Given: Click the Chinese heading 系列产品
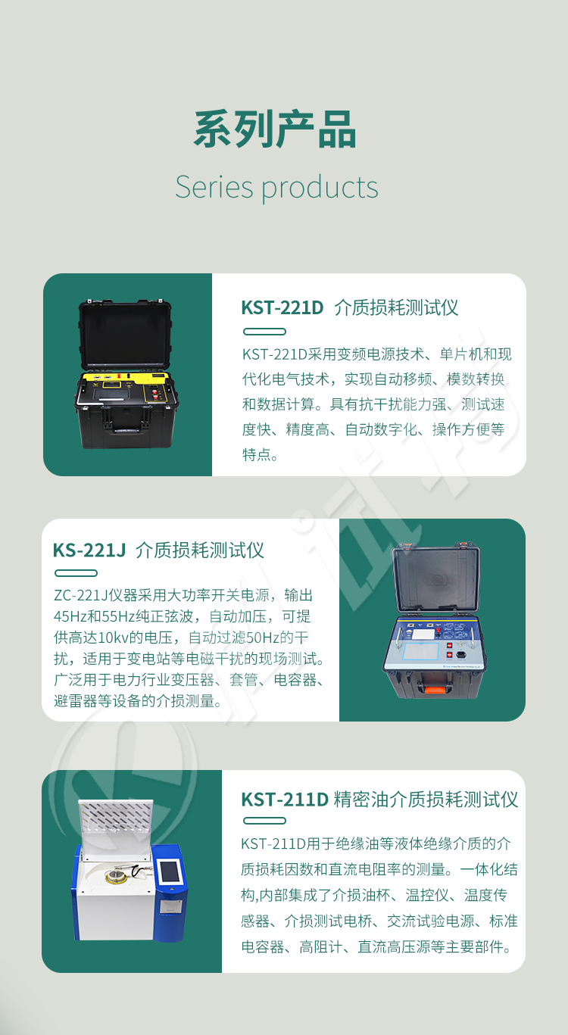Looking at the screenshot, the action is pos(275,129).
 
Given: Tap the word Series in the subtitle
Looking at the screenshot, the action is pos(214,187).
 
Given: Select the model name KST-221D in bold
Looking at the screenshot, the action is pos(282,307).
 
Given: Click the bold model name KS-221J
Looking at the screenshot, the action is pos(89,550).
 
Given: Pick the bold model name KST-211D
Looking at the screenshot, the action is pos(284,800).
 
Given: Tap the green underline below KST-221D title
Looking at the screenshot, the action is pos(264,332).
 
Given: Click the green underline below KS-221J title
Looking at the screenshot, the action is pos(76,573).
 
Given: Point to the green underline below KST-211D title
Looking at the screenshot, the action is pos(264,821).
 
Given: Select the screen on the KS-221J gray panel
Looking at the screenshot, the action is pos(420,651).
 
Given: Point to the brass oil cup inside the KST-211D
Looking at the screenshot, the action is pos(114,875).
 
